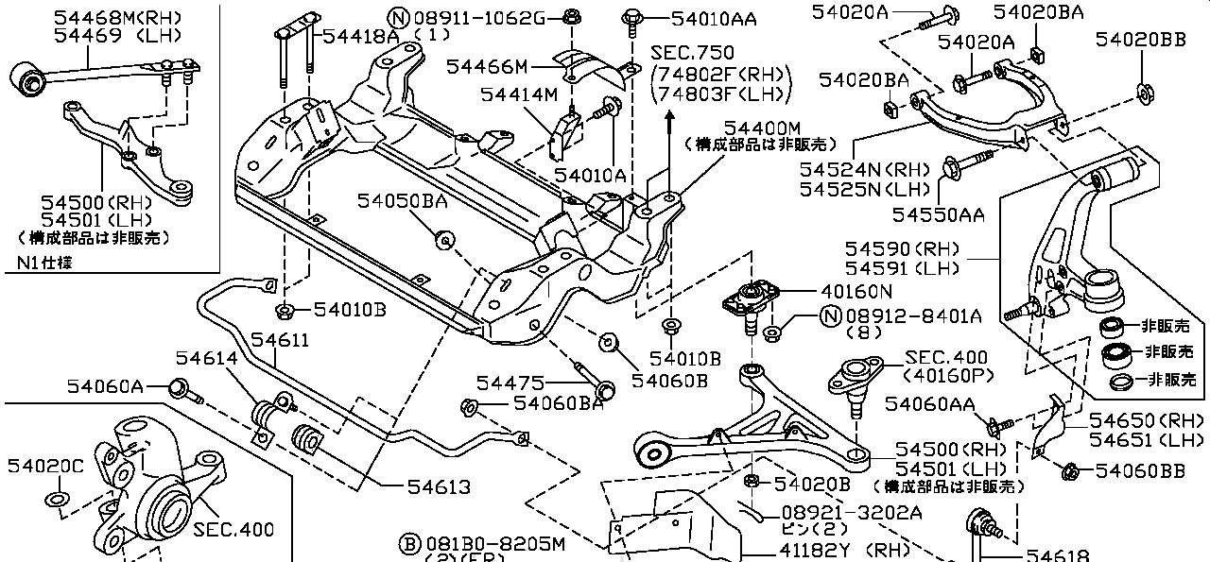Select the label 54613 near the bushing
(x=439, y=487)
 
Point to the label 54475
(x=510, y=383)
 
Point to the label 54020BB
(x=1141, y=39)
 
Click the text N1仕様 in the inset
(x=44, y=263)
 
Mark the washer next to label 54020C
(x=56, y=498)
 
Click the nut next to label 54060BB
(x=1070, y=470)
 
